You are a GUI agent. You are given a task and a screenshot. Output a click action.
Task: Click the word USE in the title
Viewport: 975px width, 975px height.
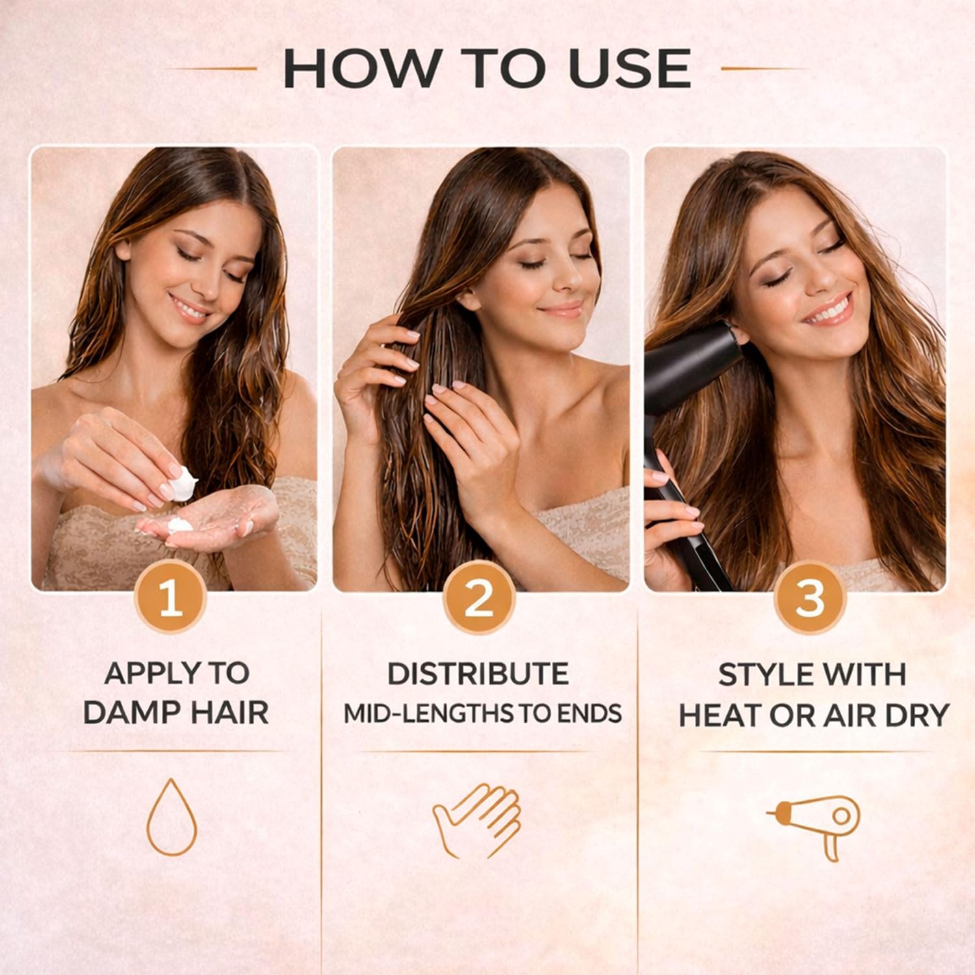629,68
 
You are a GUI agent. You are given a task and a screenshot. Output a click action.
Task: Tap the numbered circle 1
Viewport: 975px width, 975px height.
170,599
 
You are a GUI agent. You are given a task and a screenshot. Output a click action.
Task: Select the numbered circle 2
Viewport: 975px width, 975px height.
479,599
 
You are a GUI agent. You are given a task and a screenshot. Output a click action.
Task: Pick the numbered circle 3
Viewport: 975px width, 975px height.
810,599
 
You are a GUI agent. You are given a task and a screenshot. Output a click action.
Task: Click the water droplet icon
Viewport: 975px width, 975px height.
172,817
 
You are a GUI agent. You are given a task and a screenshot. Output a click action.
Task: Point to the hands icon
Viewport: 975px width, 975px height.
477,820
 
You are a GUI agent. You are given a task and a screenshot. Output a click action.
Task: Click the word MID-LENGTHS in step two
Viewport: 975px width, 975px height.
430,714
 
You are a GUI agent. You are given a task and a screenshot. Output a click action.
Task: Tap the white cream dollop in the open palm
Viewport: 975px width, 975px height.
180,524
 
